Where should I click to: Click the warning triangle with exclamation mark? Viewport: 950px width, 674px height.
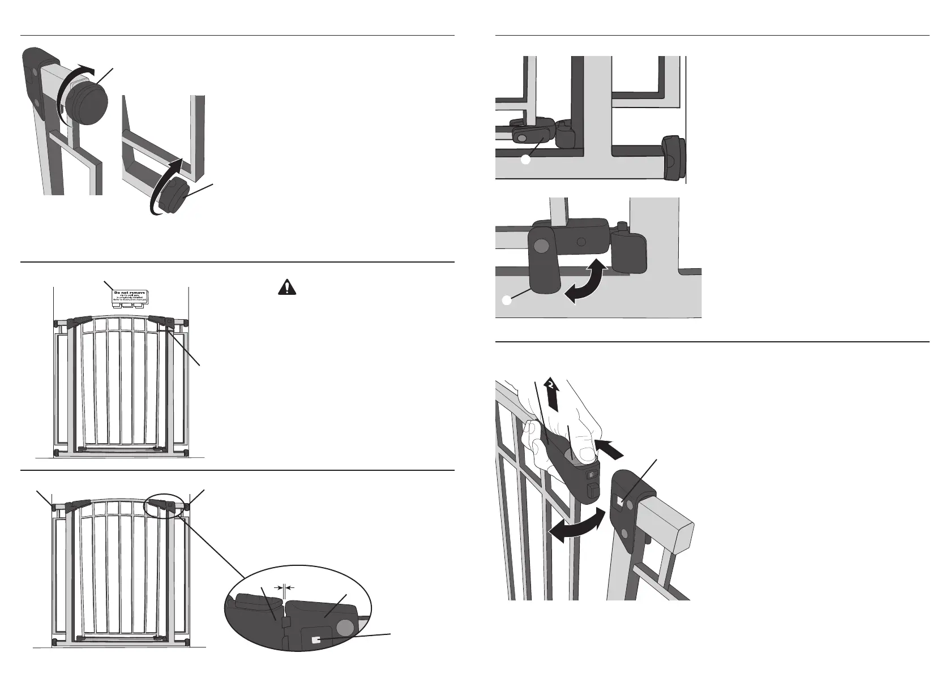point(288,287)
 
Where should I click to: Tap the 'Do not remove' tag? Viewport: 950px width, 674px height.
point(129,297)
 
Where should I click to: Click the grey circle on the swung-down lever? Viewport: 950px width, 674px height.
point(542,245)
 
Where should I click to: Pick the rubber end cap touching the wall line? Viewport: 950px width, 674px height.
point(674,159)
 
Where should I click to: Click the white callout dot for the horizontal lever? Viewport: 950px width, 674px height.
point(525,161)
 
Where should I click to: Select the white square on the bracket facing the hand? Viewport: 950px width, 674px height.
point(622,501)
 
